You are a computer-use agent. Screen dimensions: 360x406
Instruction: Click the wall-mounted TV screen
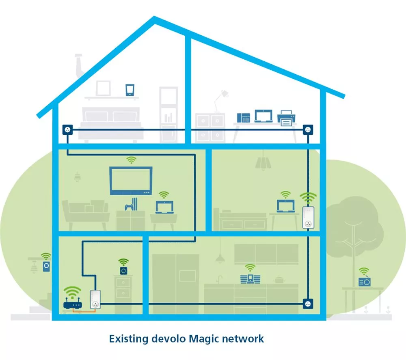131,180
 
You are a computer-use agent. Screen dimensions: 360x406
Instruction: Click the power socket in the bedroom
67,130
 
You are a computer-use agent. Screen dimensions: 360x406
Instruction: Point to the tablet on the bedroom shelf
130,90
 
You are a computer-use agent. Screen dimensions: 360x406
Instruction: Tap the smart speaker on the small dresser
123,270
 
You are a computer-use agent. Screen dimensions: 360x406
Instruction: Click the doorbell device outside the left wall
46,267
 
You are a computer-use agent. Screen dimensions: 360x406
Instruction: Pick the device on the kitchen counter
250,279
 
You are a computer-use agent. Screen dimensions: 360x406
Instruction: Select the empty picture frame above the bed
103,88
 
